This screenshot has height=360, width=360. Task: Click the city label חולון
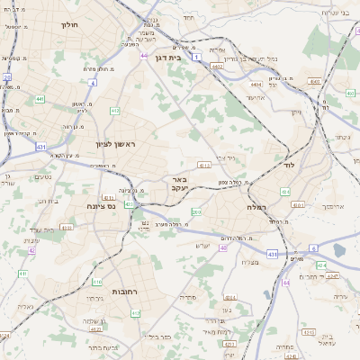click(69, 24)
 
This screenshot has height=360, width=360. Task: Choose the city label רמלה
click(256, 207)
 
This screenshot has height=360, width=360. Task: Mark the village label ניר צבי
click(225, 158)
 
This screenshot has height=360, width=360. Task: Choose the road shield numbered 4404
click(256, 84)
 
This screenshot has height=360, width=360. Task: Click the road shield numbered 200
click(196, 212)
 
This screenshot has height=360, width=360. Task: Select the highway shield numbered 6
click(313, 247)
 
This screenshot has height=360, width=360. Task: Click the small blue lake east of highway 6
click(339, 249)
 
